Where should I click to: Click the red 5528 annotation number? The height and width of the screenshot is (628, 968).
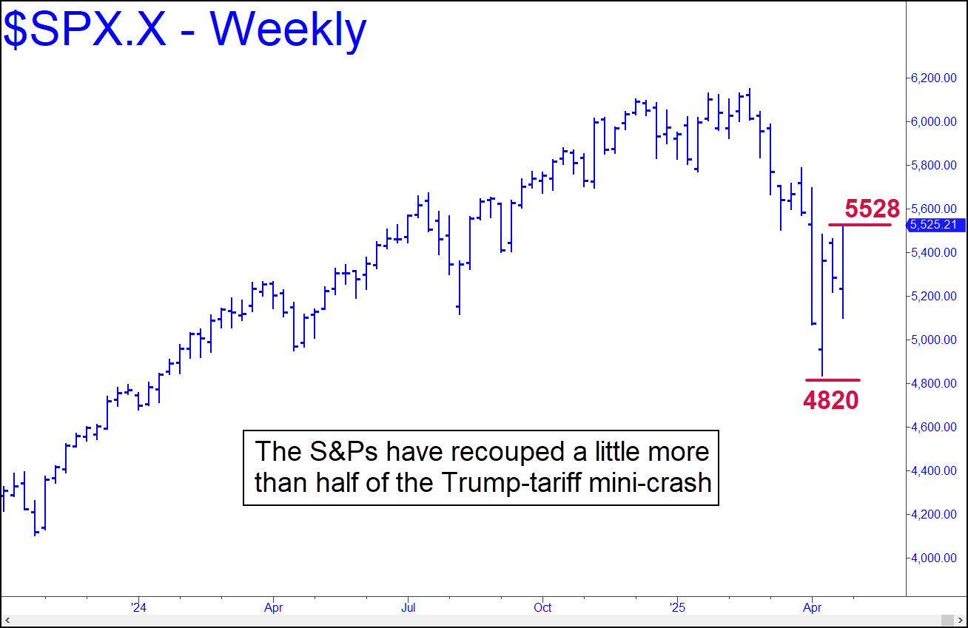[872, 209]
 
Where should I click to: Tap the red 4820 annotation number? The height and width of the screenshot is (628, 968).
[831, 400]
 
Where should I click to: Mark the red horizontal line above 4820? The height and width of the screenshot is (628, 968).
[833, 380]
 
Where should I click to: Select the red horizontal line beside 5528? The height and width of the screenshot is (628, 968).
[859, 224]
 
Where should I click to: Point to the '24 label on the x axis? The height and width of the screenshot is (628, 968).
[138, 608]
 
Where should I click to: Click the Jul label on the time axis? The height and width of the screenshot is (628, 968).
[408, 608]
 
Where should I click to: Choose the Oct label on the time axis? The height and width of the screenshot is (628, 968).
[542, 608]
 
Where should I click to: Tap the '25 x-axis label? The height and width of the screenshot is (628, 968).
[677, 608]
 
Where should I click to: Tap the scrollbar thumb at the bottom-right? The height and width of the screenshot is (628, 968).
[947, 619]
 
